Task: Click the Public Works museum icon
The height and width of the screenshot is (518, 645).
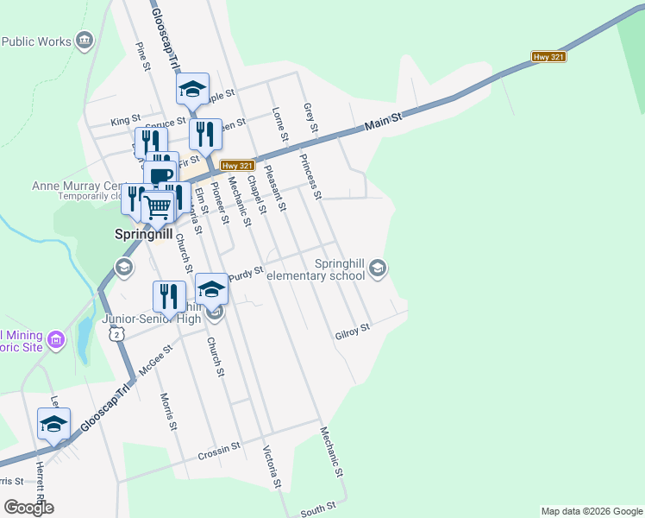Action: click(85, 41)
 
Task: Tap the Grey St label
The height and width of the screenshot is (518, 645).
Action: click(311, 117)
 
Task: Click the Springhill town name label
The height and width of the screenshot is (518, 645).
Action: click(144, 234)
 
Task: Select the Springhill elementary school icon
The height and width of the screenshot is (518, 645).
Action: click(377, 270)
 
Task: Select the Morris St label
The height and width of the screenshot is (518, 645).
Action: click(168, 412)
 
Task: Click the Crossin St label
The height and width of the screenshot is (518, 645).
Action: click(219, 451)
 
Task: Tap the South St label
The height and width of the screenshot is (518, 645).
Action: click(317, 511)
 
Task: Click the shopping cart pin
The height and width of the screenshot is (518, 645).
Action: click(158, 206)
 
